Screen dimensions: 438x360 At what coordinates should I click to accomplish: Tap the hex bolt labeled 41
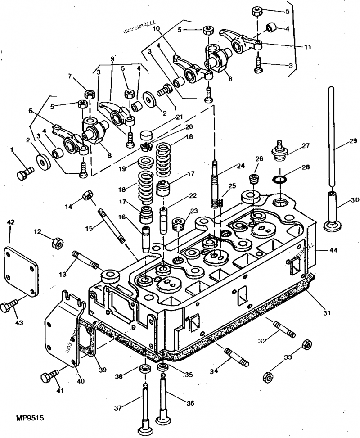tap(49, 376)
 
